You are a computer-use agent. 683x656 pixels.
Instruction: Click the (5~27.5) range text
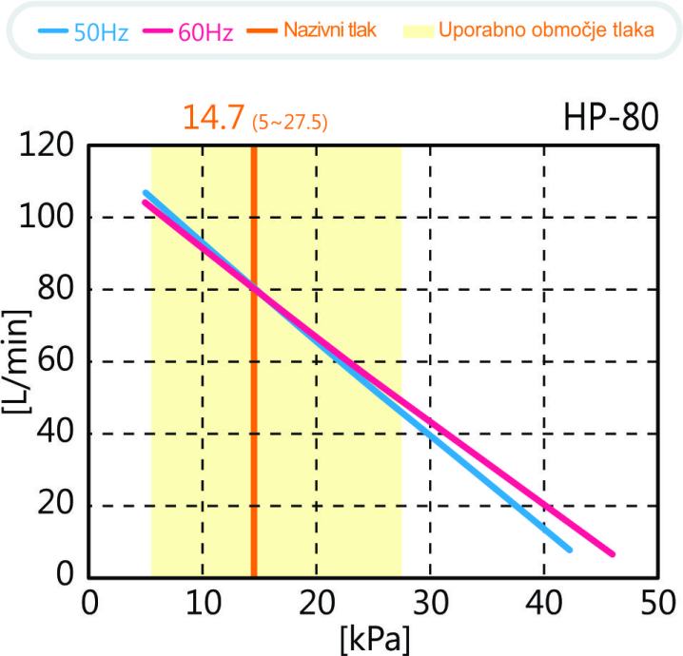click(x=289, y=124)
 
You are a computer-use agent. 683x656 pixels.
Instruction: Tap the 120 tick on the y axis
click(x=49, y=146)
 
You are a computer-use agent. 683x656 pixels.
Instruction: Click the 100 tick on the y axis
click(x=49, y=218)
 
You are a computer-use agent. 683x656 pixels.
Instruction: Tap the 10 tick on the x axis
click(x=202, y=603)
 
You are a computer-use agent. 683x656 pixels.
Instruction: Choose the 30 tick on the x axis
click(x=430, y=603)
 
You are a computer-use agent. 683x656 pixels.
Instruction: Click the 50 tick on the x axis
click(x=656, y=603)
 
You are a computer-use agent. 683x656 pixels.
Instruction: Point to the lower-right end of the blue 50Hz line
click(x=569, y=549)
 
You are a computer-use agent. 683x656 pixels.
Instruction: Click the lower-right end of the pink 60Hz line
click(x=613, y=553)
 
